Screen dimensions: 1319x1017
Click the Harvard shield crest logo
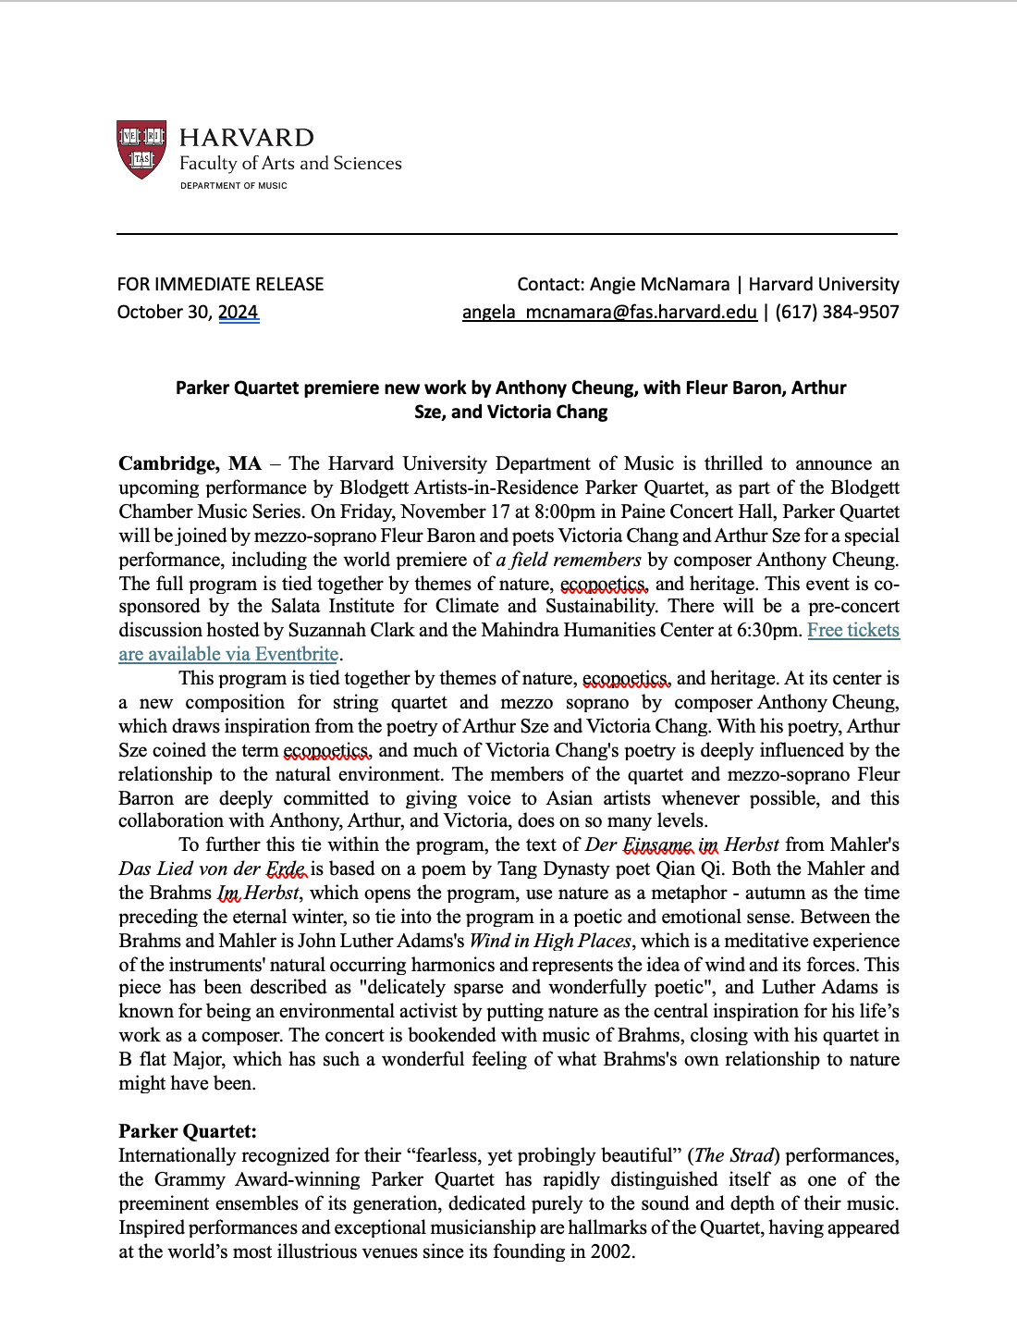click(x=141, y=149)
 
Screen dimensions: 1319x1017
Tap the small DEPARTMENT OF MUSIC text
click(x=234, y=186)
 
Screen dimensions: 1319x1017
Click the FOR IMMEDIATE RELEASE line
click(x=220, y=284)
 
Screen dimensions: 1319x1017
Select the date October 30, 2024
click(x=188, y=312)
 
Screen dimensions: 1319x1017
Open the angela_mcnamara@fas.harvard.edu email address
click(x=609, y=312)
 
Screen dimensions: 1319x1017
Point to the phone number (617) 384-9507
click(x=837, y=312)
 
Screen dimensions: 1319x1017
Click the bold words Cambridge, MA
click(x=190, y=463)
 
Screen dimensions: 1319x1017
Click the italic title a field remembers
click(x=569, y=560)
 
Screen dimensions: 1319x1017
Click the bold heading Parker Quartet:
click(x=188, y=1131)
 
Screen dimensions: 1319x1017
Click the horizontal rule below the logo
click(x=507, y=234)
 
